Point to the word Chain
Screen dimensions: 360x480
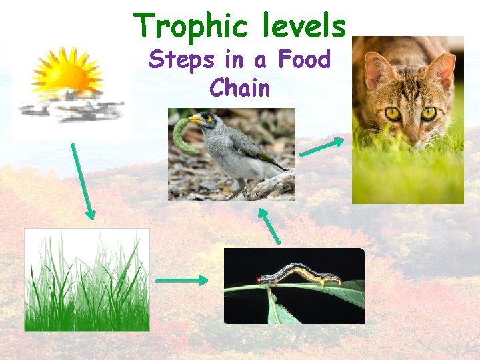pyautogui.click(x=239, y=87)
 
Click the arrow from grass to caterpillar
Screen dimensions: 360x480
pyautogui.click(x=181, y=281)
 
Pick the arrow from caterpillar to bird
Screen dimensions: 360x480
pyautogui.click(x=269, y=225)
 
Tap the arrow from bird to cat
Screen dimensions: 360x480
pyautogui.click(x=322, y=147)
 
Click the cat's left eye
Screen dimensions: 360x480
pyautogui.click(x=394, y=114)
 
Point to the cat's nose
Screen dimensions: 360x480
pyautogui.click(x=415, y=137)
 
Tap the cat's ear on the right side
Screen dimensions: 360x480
pyautogui.click(x=441, y=69)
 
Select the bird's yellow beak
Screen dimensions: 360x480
pyautogui.click(x=195, y=119)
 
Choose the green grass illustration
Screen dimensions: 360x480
pyautogui.click(x=87, y=280)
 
